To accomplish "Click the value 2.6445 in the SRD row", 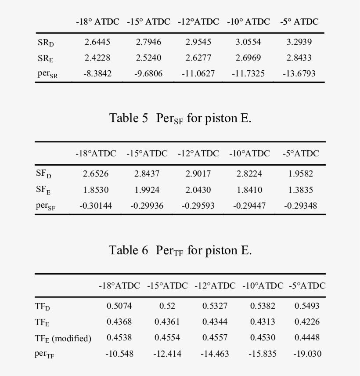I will [x=97, y=42].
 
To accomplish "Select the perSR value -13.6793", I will [x=299, y=73].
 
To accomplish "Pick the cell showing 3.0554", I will [x=248, y=42].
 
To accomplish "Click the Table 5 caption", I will [x=180, y=118].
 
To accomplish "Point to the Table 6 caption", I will [x=180, y=250].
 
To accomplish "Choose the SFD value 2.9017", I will [x=198, y=174].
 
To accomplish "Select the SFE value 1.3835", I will [x=301, y=190].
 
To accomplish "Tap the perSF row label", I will [x=46, y=206].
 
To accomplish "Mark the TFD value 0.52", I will [x=167, y=306].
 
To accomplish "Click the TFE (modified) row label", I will [x=63, y=338].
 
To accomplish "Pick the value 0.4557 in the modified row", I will [x=215, y=338].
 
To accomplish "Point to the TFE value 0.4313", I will [x=263, y=322].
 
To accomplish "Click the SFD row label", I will [x=43, y=174].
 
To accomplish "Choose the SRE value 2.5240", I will [x=148, y=58].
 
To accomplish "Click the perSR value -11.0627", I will [x=198, y=73].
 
